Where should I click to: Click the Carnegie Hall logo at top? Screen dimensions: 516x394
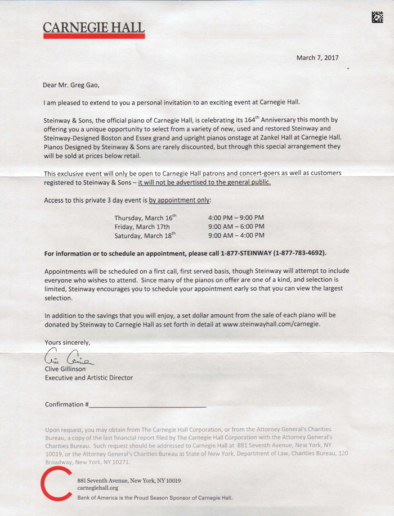[93, 29]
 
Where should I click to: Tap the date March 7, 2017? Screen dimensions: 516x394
[318, 57]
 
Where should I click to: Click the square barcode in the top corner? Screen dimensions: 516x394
[378, 18]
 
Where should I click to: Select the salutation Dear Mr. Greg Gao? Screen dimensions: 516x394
[74, 85]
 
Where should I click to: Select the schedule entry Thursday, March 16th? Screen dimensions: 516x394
[145, 218]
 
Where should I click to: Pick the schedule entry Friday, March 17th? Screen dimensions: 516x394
[142, 227]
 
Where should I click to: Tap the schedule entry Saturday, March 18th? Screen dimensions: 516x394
[145, 236]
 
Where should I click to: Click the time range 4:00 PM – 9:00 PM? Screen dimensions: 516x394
[236, 218]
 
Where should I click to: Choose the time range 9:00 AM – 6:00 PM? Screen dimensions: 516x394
[236, 227]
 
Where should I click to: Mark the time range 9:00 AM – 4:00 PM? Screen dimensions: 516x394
[236, 236]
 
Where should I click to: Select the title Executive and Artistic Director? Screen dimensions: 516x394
[89, 378]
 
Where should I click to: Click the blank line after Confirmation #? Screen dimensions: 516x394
[147, 405]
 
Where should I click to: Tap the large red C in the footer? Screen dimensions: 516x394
[55, 487]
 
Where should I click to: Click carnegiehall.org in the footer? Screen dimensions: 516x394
[97, 489]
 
